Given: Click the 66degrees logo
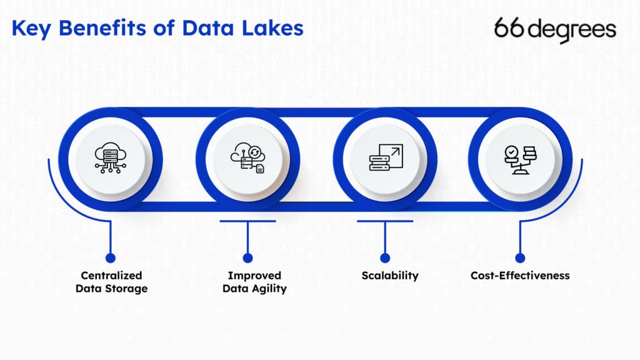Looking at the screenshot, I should pos(555,29).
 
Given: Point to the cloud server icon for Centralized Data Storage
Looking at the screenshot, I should pos(110,155).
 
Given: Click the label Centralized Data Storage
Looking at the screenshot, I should pos(111,282).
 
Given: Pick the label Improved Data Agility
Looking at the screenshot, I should pos(254,282).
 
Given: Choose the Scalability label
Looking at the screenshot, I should pos(389,276).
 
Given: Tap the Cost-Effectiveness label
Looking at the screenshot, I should pos(520,276).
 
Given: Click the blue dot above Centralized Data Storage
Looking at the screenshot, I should pos(111,257).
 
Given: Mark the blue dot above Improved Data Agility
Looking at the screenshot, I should pos(247,257).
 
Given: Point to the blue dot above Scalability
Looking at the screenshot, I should pos(385,257).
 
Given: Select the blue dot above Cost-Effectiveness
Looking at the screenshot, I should pos(520,257).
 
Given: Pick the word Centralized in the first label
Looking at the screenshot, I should pos(111,276).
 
